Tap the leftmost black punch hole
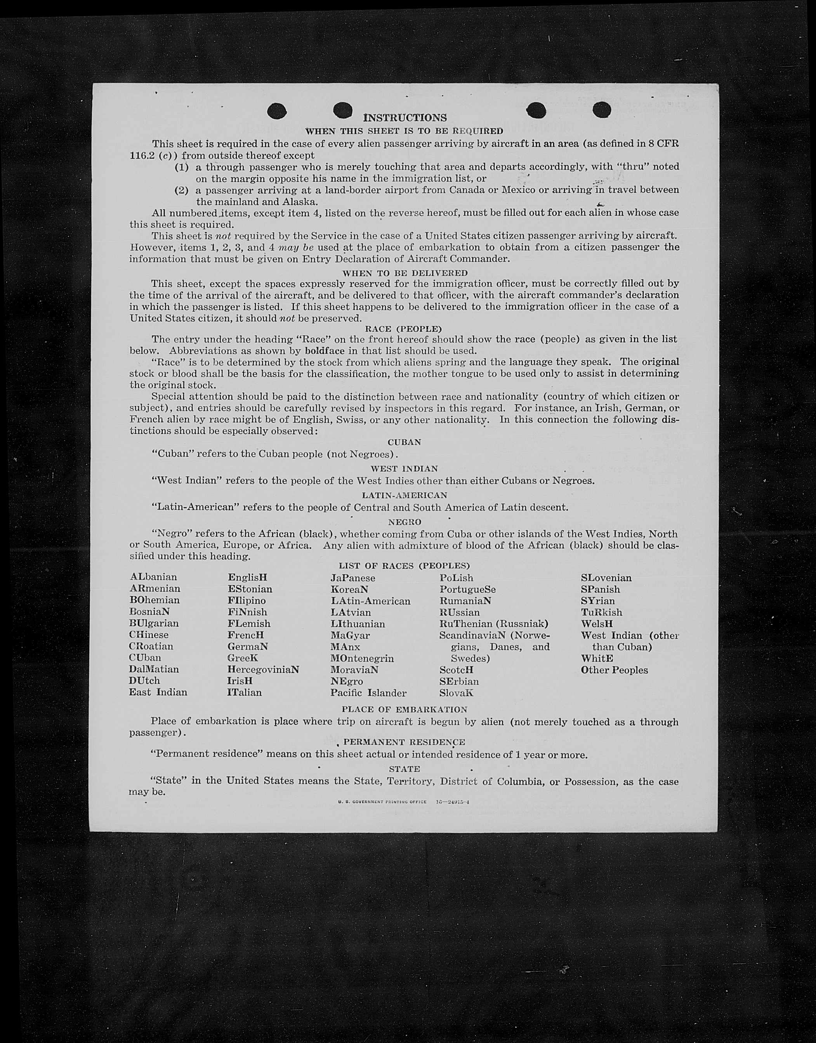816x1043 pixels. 277,111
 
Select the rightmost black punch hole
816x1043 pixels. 601,110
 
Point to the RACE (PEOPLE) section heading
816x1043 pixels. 403,329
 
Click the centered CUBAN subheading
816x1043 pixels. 404,442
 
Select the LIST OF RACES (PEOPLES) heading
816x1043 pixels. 404,566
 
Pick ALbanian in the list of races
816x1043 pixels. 153,577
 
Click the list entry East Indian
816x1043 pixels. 158,692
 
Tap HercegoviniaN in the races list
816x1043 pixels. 263,669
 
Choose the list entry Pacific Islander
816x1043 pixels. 368,693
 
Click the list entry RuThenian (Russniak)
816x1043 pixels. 493,623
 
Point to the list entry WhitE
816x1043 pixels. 597,658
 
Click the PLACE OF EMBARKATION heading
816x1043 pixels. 404,710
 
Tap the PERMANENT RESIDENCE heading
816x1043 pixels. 404,742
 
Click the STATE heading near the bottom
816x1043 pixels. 404,769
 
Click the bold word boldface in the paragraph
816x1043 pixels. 325,350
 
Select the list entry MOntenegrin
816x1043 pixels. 362,658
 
